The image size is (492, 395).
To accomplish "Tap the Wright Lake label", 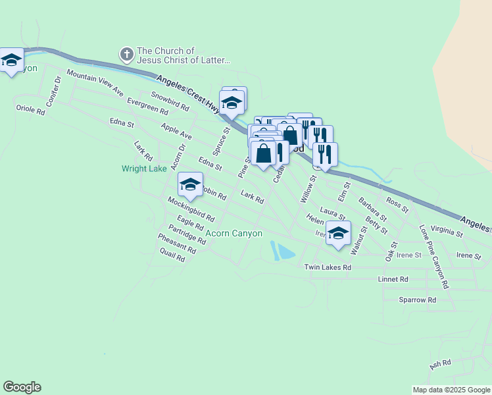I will click(x=144, y=169).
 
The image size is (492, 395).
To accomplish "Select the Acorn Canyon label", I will click(x=234, y=233).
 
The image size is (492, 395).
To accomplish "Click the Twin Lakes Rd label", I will click(x=328, y=267).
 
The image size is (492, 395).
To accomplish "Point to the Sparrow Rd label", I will click(x=417, y=300).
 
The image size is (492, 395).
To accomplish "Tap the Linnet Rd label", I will click(x=393, y=280).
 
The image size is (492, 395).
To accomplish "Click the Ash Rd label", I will click(x=440, y=363).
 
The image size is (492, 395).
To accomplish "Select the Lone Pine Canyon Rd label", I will click(x=434, y=257).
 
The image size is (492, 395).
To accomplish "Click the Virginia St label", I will click(x=447, y=230).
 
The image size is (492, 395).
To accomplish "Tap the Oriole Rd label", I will click(x=30, y=110).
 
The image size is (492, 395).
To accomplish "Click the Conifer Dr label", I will click(x=53, y=92).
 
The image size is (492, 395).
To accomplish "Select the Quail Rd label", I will click(x=172, y=257).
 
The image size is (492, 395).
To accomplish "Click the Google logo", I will click(x=22, y=387).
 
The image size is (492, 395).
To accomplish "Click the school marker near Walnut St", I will click(x=338, y=233).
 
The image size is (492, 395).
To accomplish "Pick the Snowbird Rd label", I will click(x=165, y=100).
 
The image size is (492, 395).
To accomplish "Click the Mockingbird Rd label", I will click(x=191, y=209).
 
